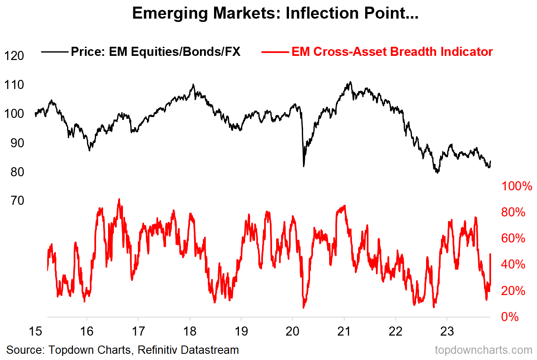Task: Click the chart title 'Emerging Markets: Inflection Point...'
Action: (x=275, y=14)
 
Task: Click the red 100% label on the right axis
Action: (x=516, y=186)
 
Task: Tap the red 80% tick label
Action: (x=513, y=212)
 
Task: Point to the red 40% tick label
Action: (x=513, y=265)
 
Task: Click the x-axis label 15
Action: (x=35, y=332)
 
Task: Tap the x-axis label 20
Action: (x=292, y=332)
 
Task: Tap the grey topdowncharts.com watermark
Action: (x=483, y=350)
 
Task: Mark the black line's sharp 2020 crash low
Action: (x=303, y=166)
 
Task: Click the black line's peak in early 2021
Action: (x=350, y=82)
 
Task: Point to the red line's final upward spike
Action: (x=490, y=254)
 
